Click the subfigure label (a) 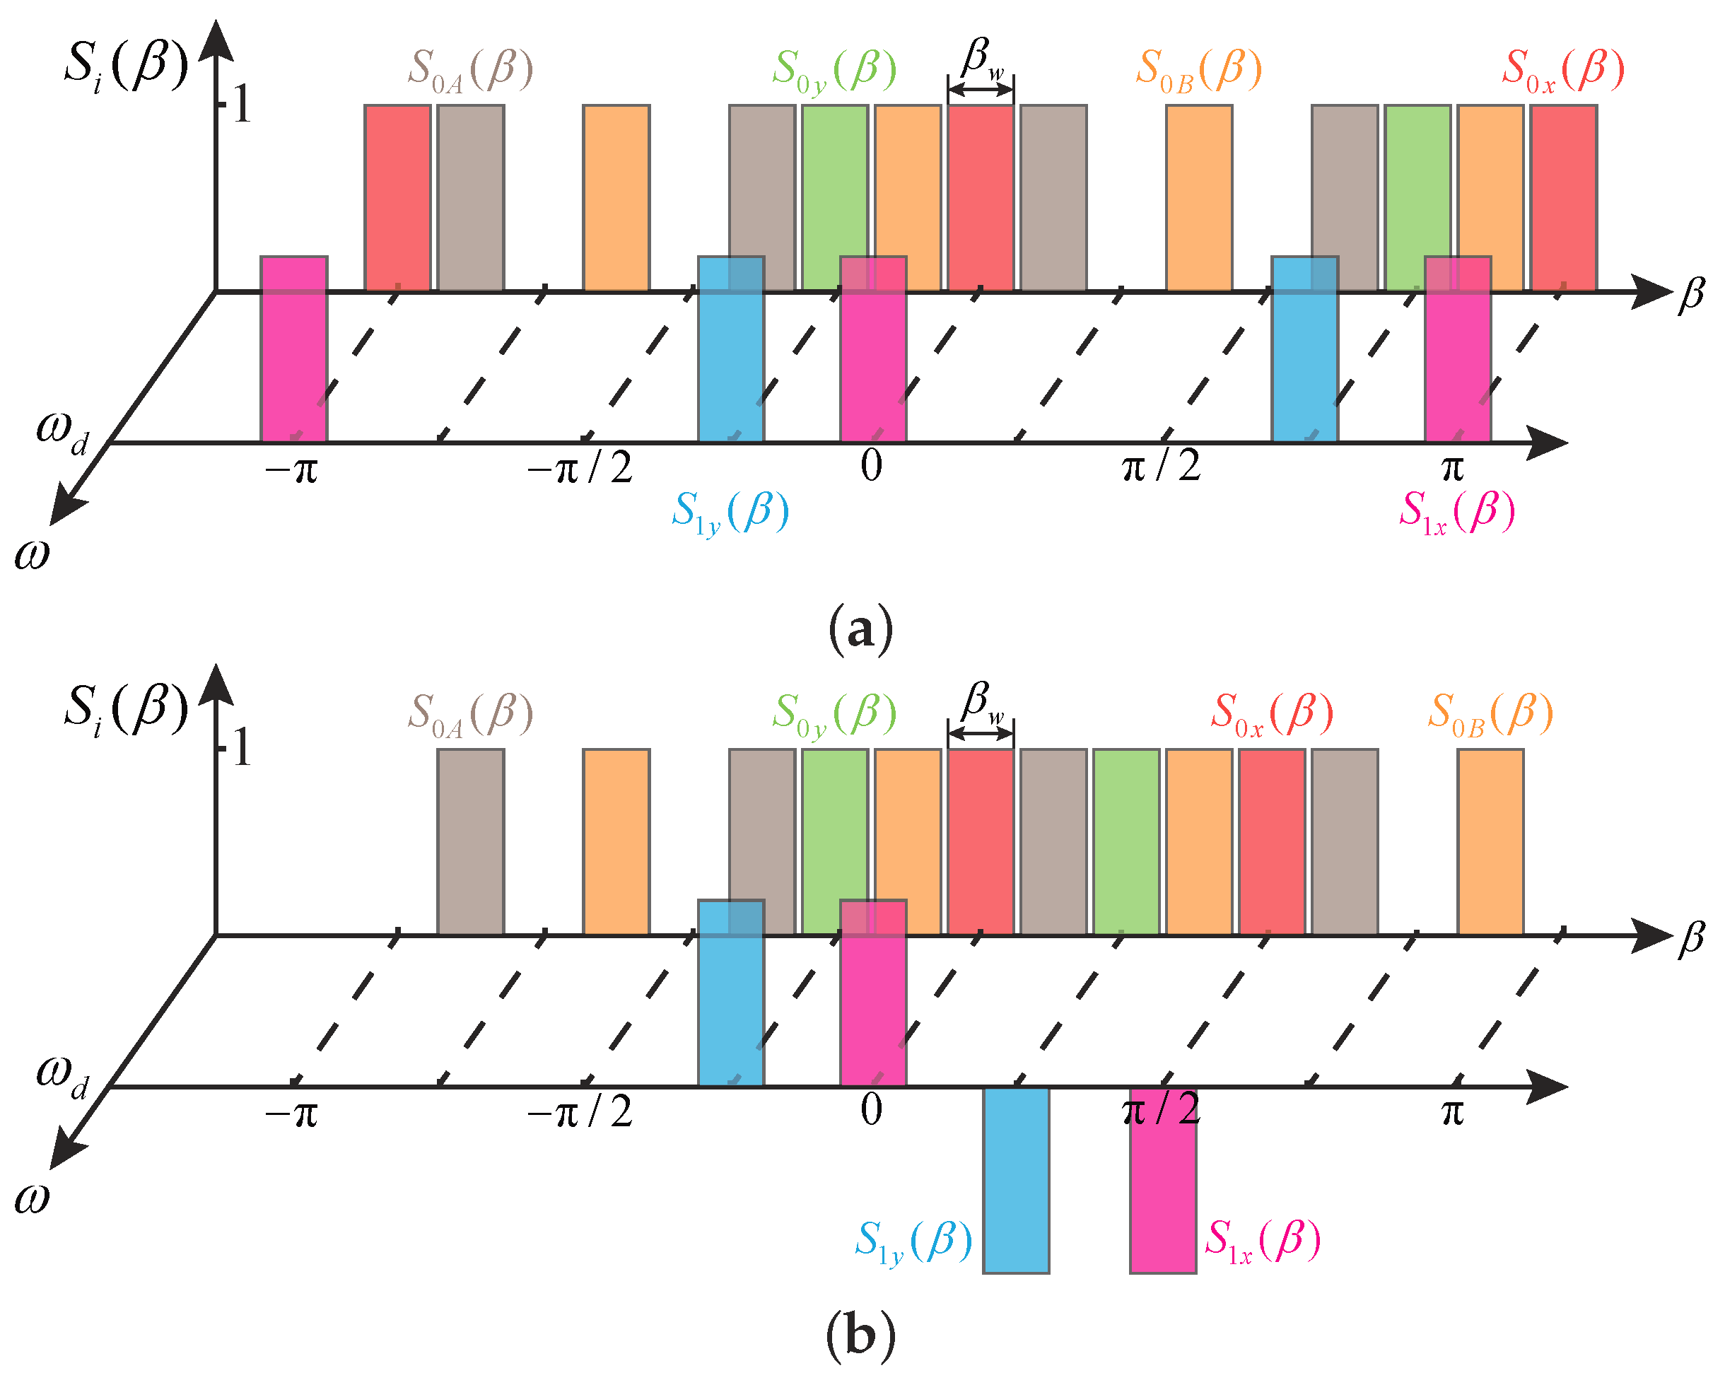click(x=861, y=631)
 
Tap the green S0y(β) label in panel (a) click(x=834, y=71)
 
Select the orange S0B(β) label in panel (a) click(x=1198, y=71)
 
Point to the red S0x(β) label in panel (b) click(x=1271, y=713)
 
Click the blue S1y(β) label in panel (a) click(x=730, y=513)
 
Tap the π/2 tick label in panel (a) click(x=1161, y=467)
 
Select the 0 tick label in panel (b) click(x=871, y=1110)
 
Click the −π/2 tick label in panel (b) click(x=579, y=1111)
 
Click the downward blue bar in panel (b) click(x=1015, y=1179)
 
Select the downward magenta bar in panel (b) click(x=1162, y=1179)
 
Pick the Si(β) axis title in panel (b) click(x=127, y=710)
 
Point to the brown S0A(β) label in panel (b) click(x=470, y=713)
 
